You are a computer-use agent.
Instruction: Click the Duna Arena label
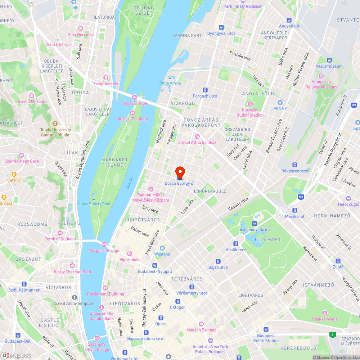[170, 83]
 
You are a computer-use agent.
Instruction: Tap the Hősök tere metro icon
[236, 244]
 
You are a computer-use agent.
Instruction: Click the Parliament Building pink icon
[105, 288]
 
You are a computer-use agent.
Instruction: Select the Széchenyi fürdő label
[254, 230]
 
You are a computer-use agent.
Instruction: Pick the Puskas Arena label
[325, 319]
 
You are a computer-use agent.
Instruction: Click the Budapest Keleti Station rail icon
[266, 329]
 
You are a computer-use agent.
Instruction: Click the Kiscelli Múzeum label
[32, 102]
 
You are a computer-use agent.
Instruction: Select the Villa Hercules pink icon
[81, 35]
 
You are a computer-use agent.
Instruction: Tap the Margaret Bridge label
[104, 251]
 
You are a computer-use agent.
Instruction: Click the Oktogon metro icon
[177, 301]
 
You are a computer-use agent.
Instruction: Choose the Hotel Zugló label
[348, 204]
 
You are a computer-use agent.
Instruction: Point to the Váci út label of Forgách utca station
[205, 96]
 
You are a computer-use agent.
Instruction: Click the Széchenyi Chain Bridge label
[97, 347]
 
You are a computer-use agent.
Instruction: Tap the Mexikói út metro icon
[295, 210]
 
